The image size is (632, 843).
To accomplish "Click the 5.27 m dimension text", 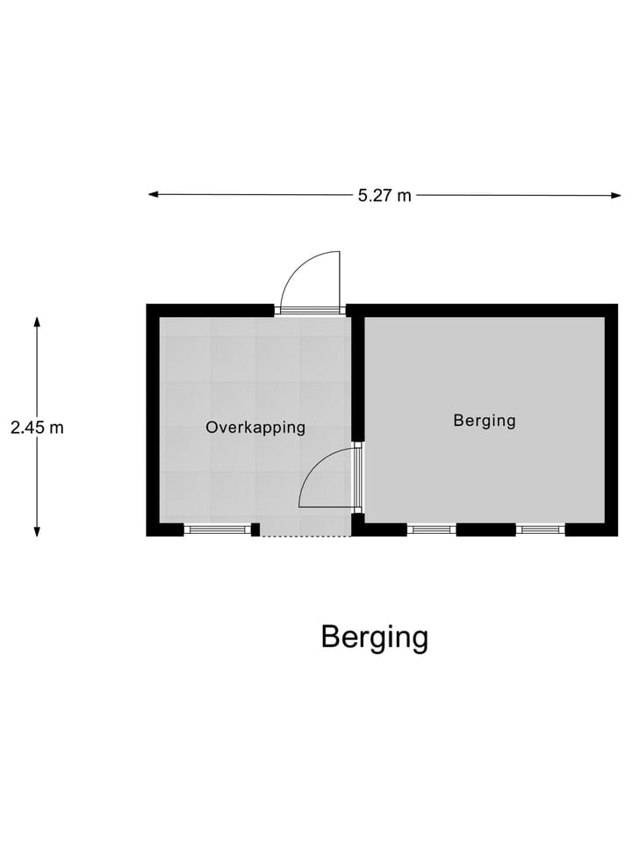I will click(384, 195).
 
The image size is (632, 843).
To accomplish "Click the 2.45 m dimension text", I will click(37, 428).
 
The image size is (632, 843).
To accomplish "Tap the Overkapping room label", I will click(255, 428).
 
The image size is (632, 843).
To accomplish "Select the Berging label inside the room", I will click(485, 421).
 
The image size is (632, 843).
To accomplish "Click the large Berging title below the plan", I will click(374, 637).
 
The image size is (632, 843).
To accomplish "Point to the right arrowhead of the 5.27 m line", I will click(615, 195).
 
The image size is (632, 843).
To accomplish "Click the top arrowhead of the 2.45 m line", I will click(37, 322).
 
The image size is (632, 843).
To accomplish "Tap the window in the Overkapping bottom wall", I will click(218, 530).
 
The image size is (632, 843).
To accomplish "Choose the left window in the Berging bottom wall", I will click(432, 530).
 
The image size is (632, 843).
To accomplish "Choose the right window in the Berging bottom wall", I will click(540, 530).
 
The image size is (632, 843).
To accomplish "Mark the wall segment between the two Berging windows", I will click(485, 530).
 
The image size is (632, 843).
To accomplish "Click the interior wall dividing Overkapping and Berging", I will click(357, 378).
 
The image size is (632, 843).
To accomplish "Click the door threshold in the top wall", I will click(309, 310).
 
